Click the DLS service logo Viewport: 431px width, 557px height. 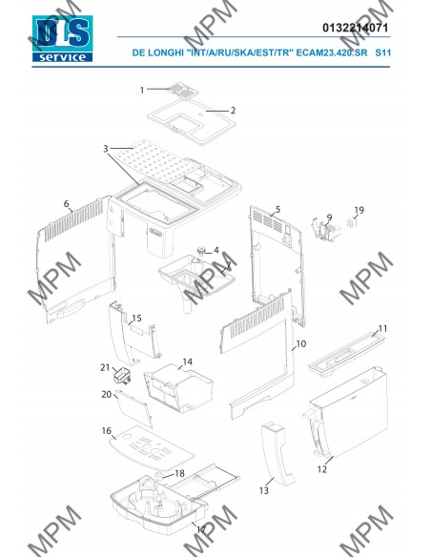63,38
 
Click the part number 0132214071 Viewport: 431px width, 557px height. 356,28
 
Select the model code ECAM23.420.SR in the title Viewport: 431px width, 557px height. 332,52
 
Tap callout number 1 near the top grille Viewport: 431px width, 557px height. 142,91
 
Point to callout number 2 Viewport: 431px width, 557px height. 233,111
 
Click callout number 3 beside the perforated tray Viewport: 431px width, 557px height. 106,149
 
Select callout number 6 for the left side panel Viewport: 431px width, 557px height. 67,204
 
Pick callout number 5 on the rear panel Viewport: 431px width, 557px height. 277,209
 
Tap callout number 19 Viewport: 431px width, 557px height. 359,210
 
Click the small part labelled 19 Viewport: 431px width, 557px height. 352,222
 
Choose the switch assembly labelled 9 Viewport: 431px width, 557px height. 326,230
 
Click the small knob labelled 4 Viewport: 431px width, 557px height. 202,251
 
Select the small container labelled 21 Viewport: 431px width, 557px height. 122,376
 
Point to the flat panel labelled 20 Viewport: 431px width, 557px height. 134,408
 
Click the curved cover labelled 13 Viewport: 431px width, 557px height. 278,454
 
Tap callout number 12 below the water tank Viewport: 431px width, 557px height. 322,469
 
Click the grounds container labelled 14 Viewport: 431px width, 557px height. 178,388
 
